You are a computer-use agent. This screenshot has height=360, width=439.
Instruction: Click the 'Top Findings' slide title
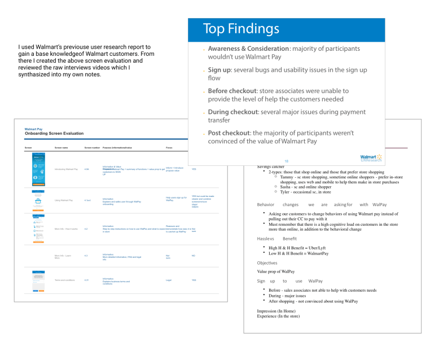(240, 29)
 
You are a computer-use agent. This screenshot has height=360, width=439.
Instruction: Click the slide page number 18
(286, 160)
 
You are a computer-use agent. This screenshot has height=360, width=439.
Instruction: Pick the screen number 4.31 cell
(86, 280)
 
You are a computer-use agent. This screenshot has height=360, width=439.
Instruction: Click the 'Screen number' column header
(91, 147)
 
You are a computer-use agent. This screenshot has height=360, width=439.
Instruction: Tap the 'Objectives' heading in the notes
(267, 263)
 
